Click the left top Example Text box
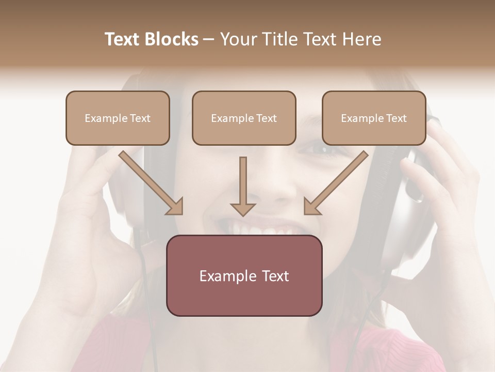[118, 118]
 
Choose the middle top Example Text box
[244, 118]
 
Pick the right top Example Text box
[374, 118]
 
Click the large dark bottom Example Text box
[244, 275]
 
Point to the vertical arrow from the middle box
[243, 186]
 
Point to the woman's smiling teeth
[268, 227]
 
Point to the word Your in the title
[238, 39]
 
